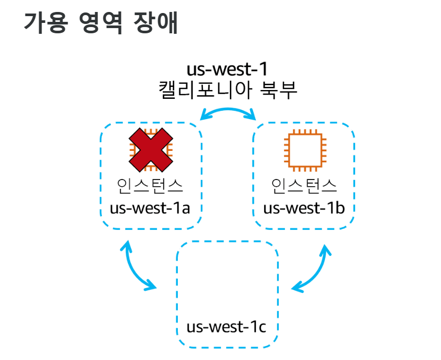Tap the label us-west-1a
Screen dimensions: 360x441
pos(149,209)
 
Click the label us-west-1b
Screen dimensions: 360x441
pos(304,209)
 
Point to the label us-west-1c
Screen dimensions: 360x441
pos(227,327)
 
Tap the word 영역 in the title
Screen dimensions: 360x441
pos(100,23)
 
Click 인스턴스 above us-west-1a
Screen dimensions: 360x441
pos(150,186)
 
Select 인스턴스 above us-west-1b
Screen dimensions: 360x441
pos(305,186)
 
